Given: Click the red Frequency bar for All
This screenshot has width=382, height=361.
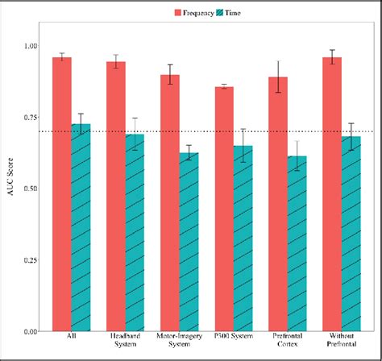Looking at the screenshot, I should [x=61, y=193].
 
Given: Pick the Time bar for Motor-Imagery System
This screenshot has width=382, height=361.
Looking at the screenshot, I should [x=189, y=242].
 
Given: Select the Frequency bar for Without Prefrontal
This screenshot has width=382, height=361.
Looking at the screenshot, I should [x=332, y=193].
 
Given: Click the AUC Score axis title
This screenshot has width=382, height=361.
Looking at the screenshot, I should [x=10, y=188].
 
